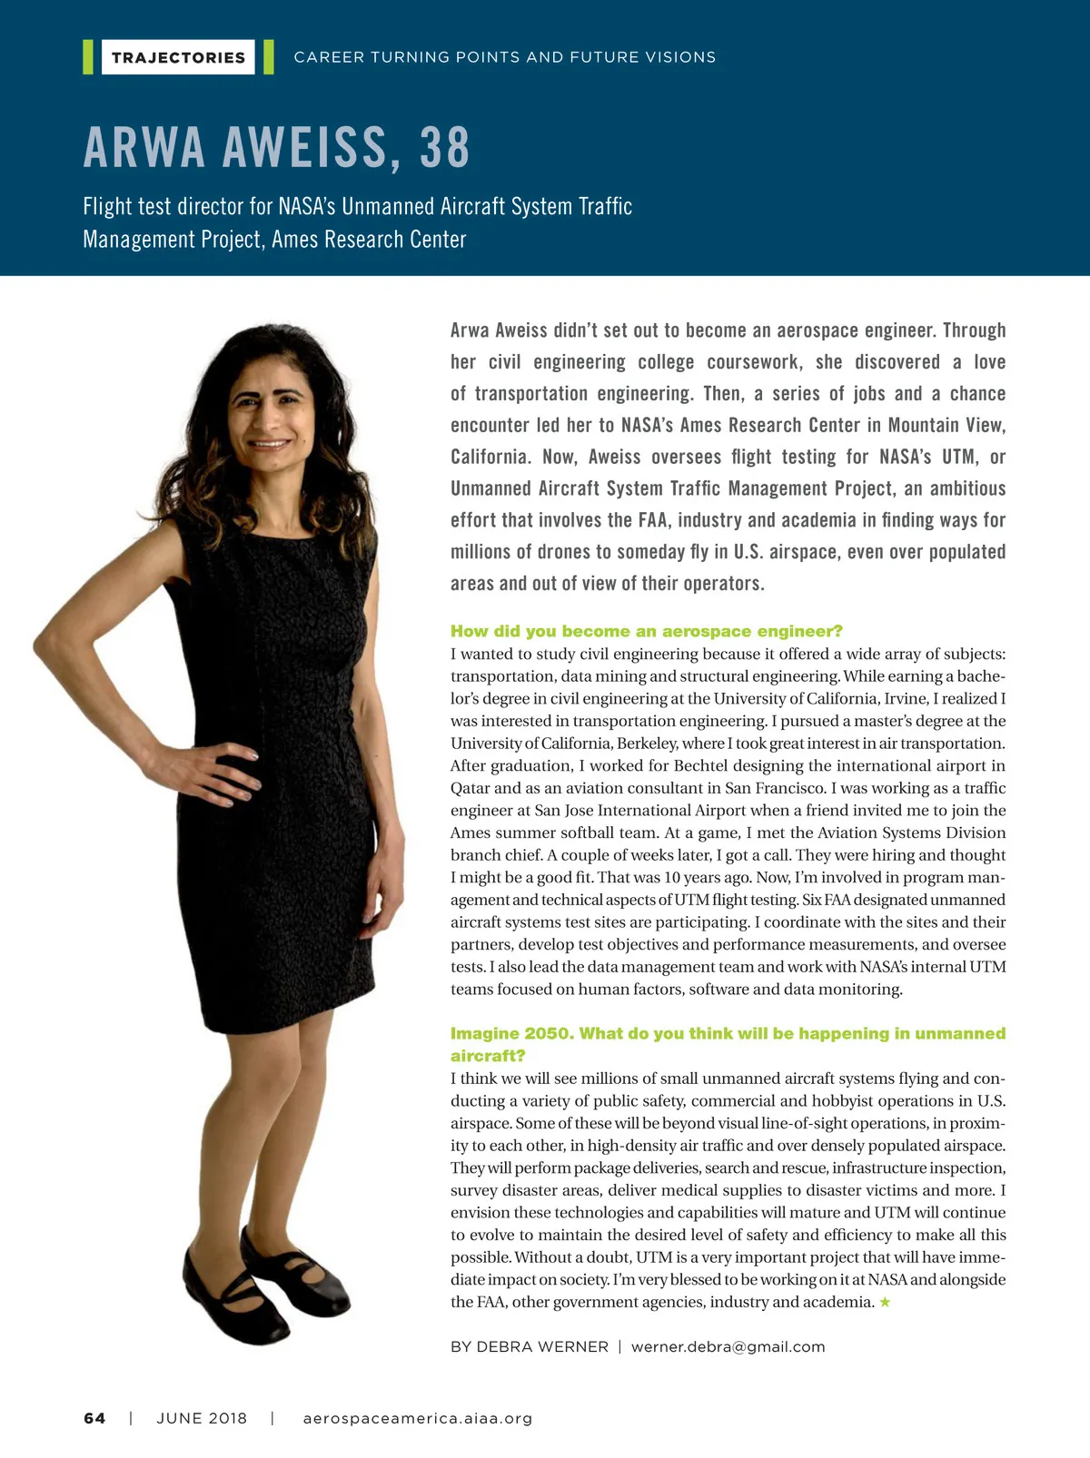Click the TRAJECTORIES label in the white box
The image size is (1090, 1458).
pos(178,57)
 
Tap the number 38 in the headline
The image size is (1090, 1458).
pos(445,148)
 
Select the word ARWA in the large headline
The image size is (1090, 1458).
pos(144,148)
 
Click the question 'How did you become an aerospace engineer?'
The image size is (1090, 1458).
pos(647,631)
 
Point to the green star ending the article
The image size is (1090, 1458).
pos(886,1303)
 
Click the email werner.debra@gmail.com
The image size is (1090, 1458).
pos(728,1347)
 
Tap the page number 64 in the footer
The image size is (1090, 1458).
pos(94,1419)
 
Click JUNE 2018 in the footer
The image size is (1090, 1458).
pos(202,1419)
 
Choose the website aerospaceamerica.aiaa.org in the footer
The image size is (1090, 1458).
pos(418,1419)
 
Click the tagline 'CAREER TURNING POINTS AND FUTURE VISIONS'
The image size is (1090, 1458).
pos(505,57)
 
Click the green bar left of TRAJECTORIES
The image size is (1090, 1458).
pos(88,57)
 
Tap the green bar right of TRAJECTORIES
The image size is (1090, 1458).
pos(269,57)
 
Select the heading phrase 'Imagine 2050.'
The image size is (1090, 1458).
pos(510,1034)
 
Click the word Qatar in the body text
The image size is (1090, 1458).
pos(470,788)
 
